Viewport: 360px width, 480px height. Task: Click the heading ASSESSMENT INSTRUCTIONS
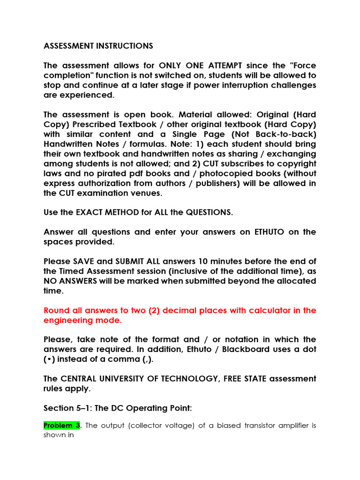[98, 46]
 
